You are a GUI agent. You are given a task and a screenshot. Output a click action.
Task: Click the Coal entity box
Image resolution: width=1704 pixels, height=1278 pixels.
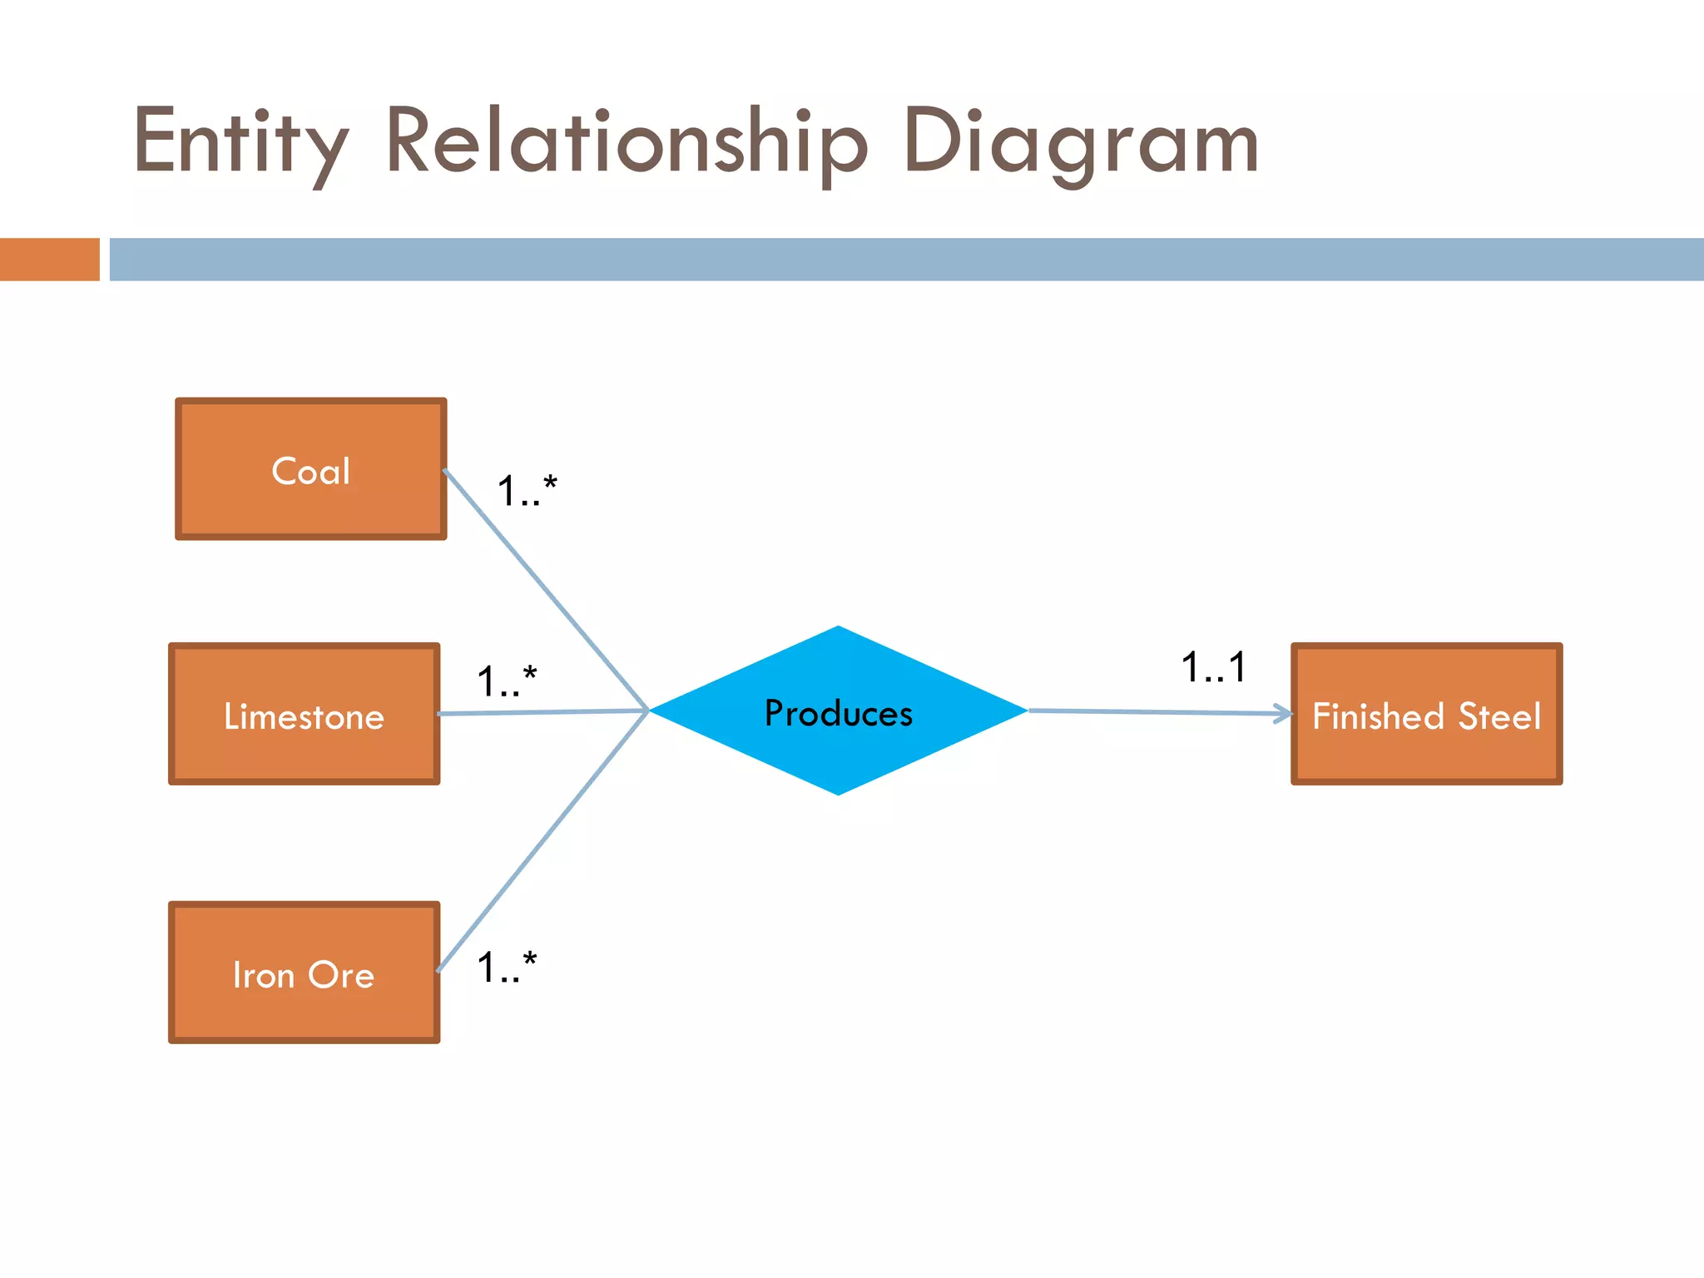(x=310, y=469)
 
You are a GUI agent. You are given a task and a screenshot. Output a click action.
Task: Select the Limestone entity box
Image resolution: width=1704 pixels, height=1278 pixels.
(x=304, y=714)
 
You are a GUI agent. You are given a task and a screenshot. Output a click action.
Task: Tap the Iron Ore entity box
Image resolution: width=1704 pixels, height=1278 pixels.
(x=304, y=972)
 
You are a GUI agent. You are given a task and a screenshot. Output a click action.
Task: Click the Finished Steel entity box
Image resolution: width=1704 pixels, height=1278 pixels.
(x=1426, y=714)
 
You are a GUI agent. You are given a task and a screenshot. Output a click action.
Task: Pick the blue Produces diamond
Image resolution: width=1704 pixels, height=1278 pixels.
(x=838, y=711)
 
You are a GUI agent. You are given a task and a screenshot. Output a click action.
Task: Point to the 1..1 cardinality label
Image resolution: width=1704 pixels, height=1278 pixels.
(x=1214, y=668)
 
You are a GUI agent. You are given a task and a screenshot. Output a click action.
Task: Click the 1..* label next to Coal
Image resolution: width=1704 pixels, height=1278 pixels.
(x=527, y=491)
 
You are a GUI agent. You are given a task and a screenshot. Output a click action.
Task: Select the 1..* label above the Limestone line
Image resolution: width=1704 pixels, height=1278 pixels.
(x=507, y=681)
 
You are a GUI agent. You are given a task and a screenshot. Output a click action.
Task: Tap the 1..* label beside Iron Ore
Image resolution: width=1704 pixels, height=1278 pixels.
(x=507, y=968)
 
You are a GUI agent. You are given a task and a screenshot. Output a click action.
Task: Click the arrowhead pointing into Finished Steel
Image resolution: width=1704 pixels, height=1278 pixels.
(x=1284, y=713)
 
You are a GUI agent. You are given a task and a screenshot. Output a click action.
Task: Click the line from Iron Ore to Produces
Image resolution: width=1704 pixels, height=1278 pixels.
(x=542, y=841)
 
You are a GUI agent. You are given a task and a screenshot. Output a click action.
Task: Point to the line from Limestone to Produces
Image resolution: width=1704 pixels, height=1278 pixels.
(x=542, y=712)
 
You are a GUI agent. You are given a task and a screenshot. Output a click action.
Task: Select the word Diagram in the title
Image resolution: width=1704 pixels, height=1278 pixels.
(x=1080, y=141)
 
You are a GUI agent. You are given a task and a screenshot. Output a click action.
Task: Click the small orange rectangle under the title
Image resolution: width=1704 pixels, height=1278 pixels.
(x=49, y=259)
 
